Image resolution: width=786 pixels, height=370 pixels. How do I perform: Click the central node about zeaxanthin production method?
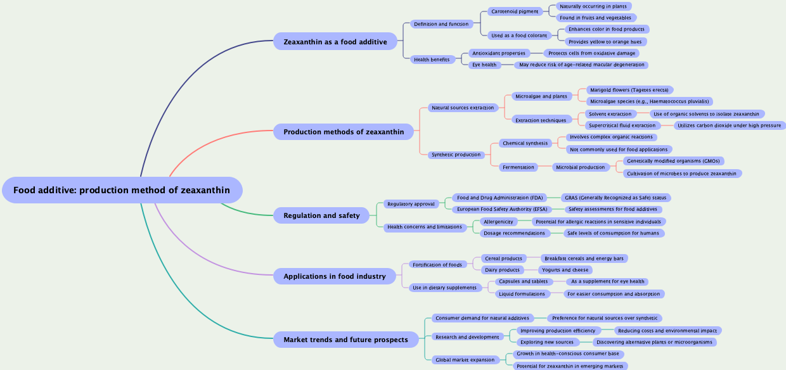(x=122, y=190)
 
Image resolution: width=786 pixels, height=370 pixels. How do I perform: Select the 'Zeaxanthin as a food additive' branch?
(x=335, y=42)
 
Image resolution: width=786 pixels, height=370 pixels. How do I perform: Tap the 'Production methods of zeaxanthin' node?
(x=344, y=132)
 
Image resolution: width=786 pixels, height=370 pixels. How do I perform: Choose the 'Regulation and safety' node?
(x=321, y=215)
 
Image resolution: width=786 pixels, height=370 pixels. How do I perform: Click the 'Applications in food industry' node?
(x=335, y=276)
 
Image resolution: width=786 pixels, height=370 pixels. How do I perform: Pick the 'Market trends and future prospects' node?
(x=345, y=340)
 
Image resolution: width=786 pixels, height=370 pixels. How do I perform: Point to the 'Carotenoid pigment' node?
(x=515, y=11)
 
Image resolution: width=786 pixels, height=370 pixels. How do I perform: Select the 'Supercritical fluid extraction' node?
(x=622, y=125)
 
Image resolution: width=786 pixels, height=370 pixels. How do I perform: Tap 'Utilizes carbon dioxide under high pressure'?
(x=729, y=125)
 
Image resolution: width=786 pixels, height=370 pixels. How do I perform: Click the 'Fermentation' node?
(x=519, y=167)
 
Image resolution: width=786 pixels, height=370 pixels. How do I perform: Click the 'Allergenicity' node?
(x=498, y=222)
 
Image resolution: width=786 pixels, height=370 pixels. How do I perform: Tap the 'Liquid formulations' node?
(x=522, y=294)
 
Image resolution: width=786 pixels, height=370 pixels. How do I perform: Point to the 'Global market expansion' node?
(x=465, y=360)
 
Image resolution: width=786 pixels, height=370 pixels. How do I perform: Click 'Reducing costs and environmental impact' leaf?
(x=667, y=331)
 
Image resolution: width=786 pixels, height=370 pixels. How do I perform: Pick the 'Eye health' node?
(x=484, y=65)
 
